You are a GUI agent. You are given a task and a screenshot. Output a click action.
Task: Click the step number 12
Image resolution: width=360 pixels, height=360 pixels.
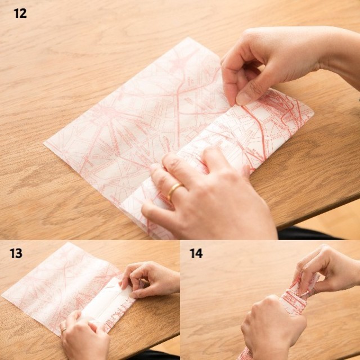point(20,13)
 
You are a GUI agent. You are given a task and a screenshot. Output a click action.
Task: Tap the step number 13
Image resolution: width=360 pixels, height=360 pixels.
point(16,254)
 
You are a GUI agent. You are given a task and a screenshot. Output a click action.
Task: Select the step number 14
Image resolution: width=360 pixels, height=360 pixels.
point(196,254)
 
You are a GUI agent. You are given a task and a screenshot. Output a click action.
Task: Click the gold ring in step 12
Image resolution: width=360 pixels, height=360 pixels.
point(174,191)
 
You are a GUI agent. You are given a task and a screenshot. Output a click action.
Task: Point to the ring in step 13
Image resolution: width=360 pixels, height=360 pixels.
point(64,331)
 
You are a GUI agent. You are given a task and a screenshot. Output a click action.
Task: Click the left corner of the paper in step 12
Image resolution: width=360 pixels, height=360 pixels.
point(44,143)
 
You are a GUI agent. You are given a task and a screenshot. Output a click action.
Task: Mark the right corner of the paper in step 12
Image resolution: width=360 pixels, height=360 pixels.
point(313,113)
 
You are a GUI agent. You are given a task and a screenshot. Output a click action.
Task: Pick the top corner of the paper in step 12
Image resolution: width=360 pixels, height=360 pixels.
point(188,38)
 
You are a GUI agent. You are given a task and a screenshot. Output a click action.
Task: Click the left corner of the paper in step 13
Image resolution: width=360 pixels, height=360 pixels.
point(2,296)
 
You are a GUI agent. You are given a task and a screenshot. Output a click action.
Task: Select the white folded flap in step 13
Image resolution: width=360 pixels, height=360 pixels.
point(108,303)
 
